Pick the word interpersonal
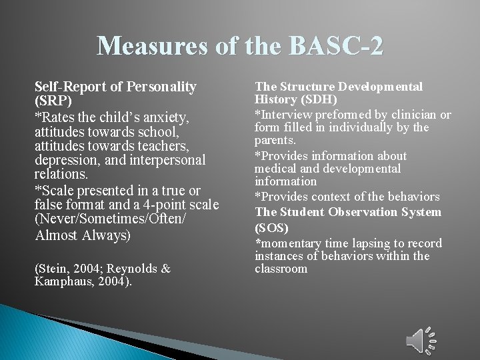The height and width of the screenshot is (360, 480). pos(169,161)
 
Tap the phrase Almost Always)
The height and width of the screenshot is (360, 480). pos(83,236)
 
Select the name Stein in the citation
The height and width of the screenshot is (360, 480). pos(55,268)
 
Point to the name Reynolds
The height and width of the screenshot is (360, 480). pos(131,268)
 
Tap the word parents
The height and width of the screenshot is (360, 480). pos(275,140)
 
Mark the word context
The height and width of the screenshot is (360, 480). pos(329,197)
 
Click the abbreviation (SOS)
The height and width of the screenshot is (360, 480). pos(272,227)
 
